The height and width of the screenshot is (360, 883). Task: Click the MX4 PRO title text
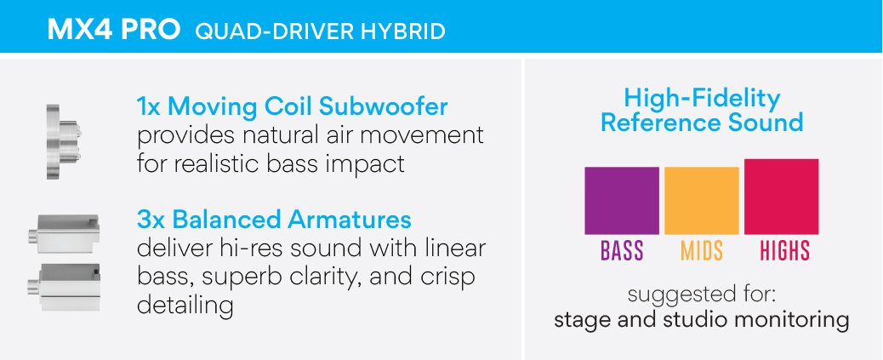(x=114, y=31)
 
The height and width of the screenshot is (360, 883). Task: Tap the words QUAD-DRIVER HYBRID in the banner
(x=320, y=31)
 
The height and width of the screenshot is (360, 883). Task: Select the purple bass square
(x=622, y=201)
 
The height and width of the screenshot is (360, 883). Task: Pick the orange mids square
(x=702, y=201)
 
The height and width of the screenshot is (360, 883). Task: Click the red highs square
(x=782, y=197)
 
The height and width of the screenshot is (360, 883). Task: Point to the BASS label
(x=622, y=251)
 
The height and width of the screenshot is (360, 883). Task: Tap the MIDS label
(x=702, y=251)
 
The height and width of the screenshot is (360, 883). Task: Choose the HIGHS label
(x=785, y=251)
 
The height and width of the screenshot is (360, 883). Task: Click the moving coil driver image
(x=63, y=140)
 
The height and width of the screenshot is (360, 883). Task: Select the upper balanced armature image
(x=63, y=233)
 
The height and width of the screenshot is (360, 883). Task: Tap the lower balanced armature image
(x=63, y=289)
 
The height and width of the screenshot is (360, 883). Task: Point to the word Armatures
(x=350, y=220)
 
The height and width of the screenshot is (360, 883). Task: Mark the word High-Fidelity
(x=702, y=99)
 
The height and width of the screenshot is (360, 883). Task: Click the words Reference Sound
(x=702, y=123)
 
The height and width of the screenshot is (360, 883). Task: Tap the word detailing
(x=185, y=306)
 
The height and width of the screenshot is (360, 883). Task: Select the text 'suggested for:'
(x=703, y=295)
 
